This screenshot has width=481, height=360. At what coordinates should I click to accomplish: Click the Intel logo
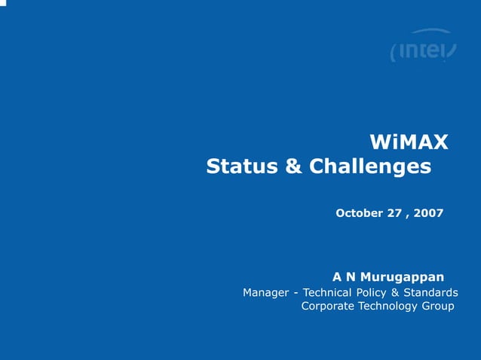[423, 48]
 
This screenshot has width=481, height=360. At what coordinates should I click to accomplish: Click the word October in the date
[359, 213]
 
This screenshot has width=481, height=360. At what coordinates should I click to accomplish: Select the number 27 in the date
[394, 213]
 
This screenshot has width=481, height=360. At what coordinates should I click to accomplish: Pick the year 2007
[430, 213]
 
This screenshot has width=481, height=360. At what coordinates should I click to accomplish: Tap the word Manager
[266, 292]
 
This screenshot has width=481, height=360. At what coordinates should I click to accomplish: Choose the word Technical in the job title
[331, 292]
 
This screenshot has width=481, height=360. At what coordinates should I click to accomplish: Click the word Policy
[381, 292]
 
